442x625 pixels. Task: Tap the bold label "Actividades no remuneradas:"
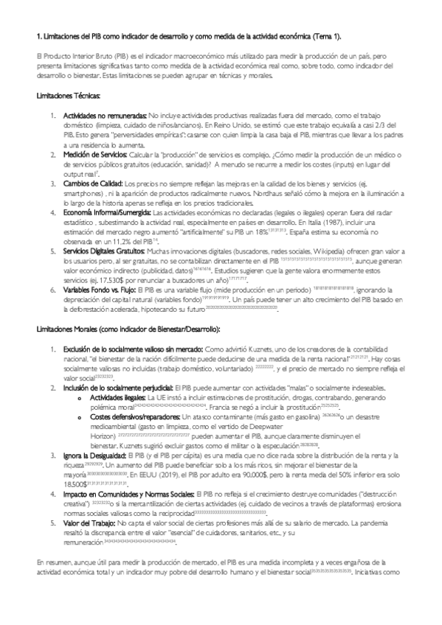105,116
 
